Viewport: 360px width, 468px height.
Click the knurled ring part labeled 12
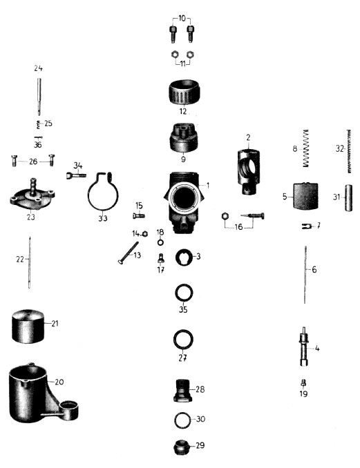pyautogui.click(x=183, y=92)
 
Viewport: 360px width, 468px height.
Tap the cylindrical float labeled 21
pyautogui.click(x=28, y=326)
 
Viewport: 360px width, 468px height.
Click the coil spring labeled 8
pyautogui.click(x=305, y=148)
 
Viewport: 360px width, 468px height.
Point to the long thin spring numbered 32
pyautogui.click(x=349, y=151)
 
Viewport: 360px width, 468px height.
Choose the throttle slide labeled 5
pyautogui.click(x=305, y=196)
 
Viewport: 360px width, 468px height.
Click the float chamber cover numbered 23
pyautogui.click(x=32, y=195)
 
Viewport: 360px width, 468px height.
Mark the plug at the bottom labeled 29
pyautogui.click(x=181, y=447)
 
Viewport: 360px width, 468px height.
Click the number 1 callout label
pyautogui.click(x=208, y=186)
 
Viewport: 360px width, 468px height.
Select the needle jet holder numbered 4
pyautogui.click(x=304, y=347)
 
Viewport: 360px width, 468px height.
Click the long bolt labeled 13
pyautogui.click(x=129, y=253)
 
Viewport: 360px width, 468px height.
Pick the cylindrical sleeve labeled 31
pyautogui.click(x=348, y=198)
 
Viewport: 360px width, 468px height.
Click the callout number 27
pyautogui.click(x=182, y=358)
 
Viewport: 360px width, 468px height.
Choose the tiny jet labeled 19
pyautogui.click(x=304, y=382)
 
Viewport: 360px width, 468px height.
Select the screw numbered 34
pyautogui.click(x=76, y=175)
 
